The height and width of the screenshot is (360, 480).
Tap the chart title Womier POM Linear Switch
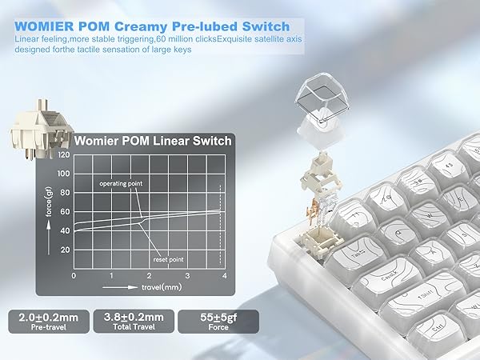[153, 142]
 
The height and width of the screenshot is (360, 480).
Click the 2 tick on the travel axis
[148, 276]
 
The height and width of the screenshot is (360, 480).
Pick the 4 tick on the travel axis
[224, 276]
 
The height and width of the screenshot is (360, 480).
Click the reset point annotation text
[169, 260]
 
